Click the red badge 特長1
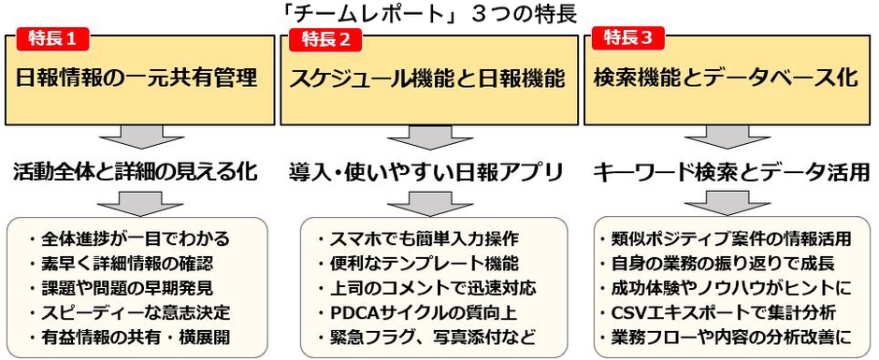click(54, 39)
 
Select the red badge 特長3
click(630, 38)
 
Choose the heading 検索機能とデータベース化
click(726, 79)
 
